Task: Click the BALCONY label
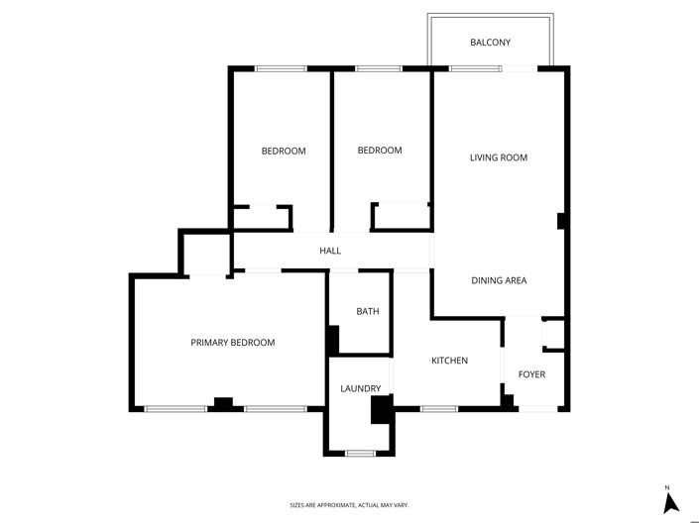(490, 42)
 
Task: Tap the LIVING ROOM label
(498, 157)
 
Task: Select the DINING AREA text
(499, 280)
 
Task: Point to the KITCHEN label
(449, 361)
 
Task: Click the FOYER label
(531, 374)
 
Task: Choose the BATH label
(368, 312)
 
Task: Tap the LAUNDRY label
(360, 389)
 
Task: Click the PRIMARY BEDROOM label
(232, 343)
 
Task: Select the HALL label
(330, 251)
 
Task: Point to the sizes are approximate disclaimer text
(349, 505)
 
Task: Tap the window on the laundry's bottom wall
(360, 454)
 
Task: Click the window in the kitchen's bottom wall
(438, 408)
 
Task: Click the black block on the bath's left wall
(332, 339)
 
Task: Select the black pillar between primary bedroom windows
(223, 403)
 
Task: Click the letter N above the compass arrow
(669, 488)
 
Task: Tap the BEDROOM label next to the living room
(380, 151)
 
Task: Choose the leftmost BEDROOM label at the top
(284, 152)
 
